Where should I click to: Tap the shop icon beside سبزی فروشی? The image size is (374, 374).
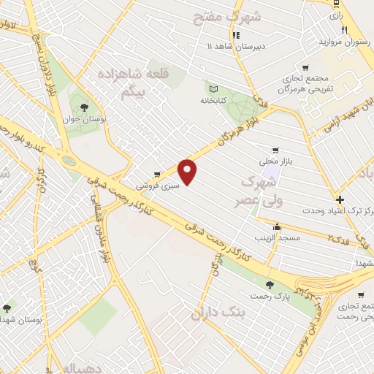(x=157, y=175)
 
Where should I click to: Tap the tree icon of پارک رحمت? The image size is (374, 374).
(x=270, y=285)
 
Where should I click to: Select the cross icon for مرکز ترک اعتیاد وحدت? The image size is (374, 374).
(x=339, y=199)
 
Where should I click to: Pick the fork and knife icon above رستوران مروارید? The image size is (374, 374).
(x=345, y=30)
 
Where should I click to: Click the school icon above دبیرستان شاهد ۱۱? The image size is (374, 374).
(x=235, y=35)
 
